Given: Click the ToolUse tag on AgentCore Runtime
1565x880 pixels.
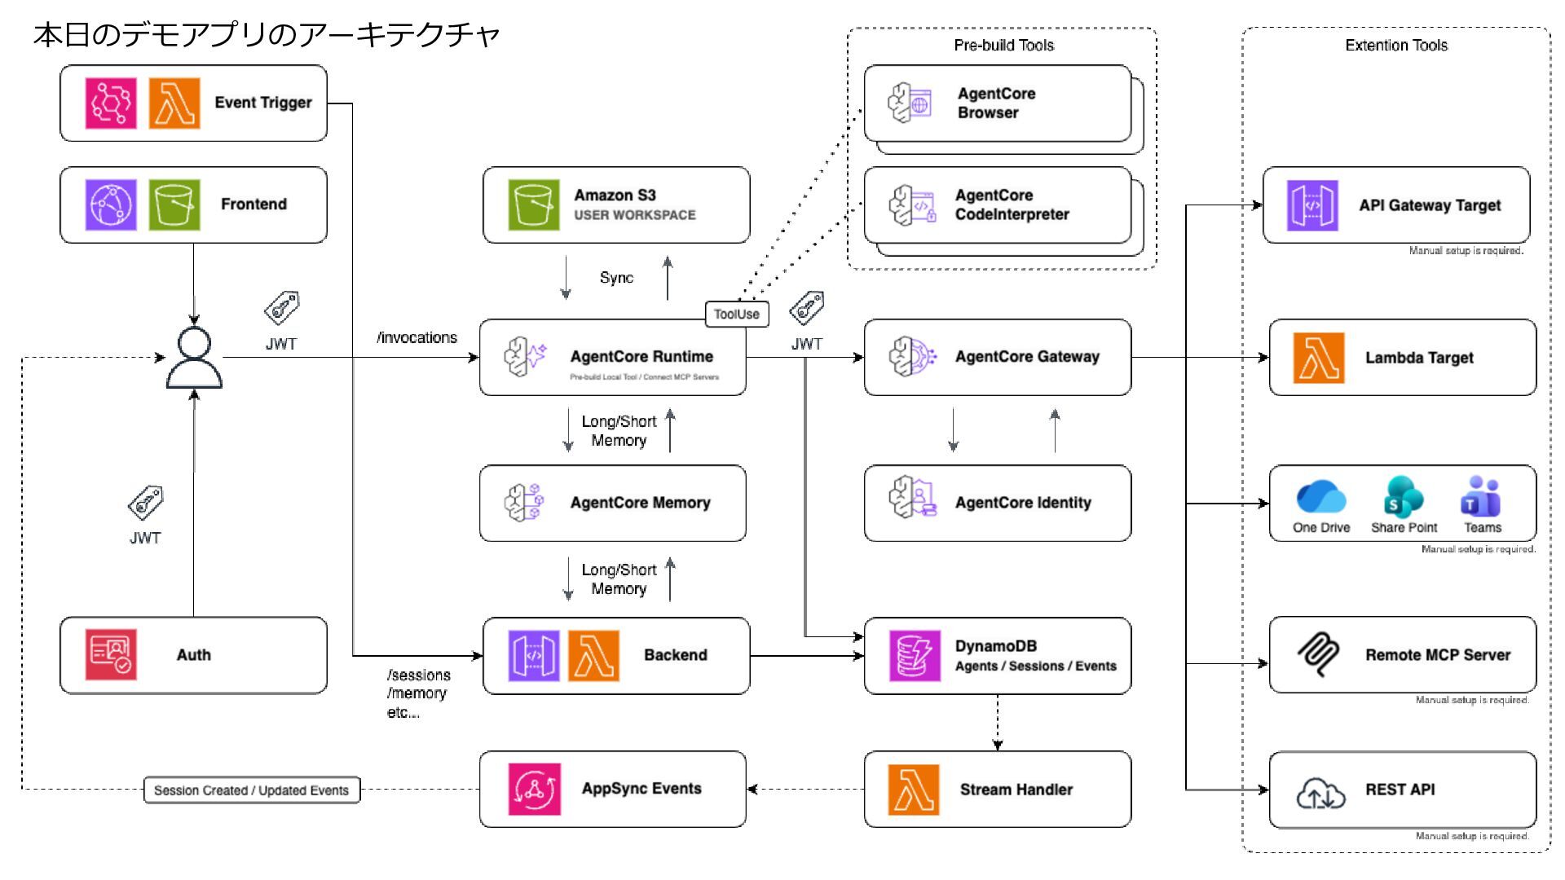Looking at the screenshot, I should (x=736, y=315).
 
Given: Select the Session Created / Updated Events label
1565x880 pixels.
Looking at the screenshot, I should (x=251, y=790).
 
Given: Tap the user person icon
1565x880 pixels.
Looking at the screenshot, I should (x=194, y=359).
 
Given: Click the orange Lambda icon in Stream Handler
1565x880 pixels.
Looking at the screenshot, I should (x=913, y=790).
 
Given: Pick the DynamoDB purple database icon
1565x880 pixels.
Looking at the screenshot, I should (x=915, y=655).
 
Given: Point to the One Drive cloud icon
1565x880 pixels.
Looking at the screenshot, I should (x=1320, y=496).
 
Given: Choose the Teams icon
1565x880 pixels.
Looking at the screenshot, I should (x=1481, y=496).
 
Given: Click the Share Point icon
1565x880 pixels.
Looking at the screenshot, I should (x=1403, y=496).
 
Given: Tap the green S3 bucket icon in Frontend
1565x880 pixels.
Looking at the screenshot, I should (x=174, y=205).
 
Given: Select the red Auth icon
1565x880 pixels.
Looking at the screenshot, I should (x=111, y=654).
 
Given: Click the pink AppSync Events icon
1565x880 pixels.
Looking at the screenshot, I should (x=534, y=789).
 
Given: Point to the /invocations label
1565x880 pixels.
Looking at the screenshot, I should (x=417, y=338).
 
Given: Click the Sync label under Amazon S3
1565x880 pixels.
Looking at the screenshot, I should (x=616, y=278).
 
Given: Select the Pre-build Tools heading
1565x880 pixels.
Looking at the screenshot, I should (x=1003, y=46).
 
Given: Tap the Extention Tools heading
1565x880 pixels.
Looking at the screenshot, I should (x=1395, y=46).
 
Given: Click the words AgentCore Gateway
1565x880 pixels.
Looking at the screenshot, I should (x=1027, y=357).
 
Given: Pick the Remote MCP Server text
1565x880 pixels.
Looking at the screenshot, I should (x=1437, y=655).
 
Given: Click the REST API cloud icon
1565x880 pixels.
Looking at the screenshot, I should (x=1320, y=792).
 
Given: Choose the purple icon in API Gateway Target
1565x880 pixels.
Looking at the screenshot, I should (x=1312, y=205).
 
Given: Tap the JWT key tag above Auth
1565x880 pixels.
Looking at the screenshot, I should (x=146, y=503).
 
